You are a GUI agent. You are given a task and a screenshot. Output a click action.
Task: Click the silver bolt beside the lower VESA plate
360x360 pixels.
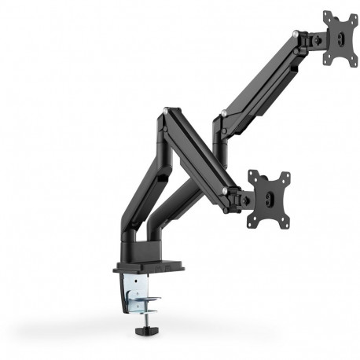[x=225, y=191]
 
